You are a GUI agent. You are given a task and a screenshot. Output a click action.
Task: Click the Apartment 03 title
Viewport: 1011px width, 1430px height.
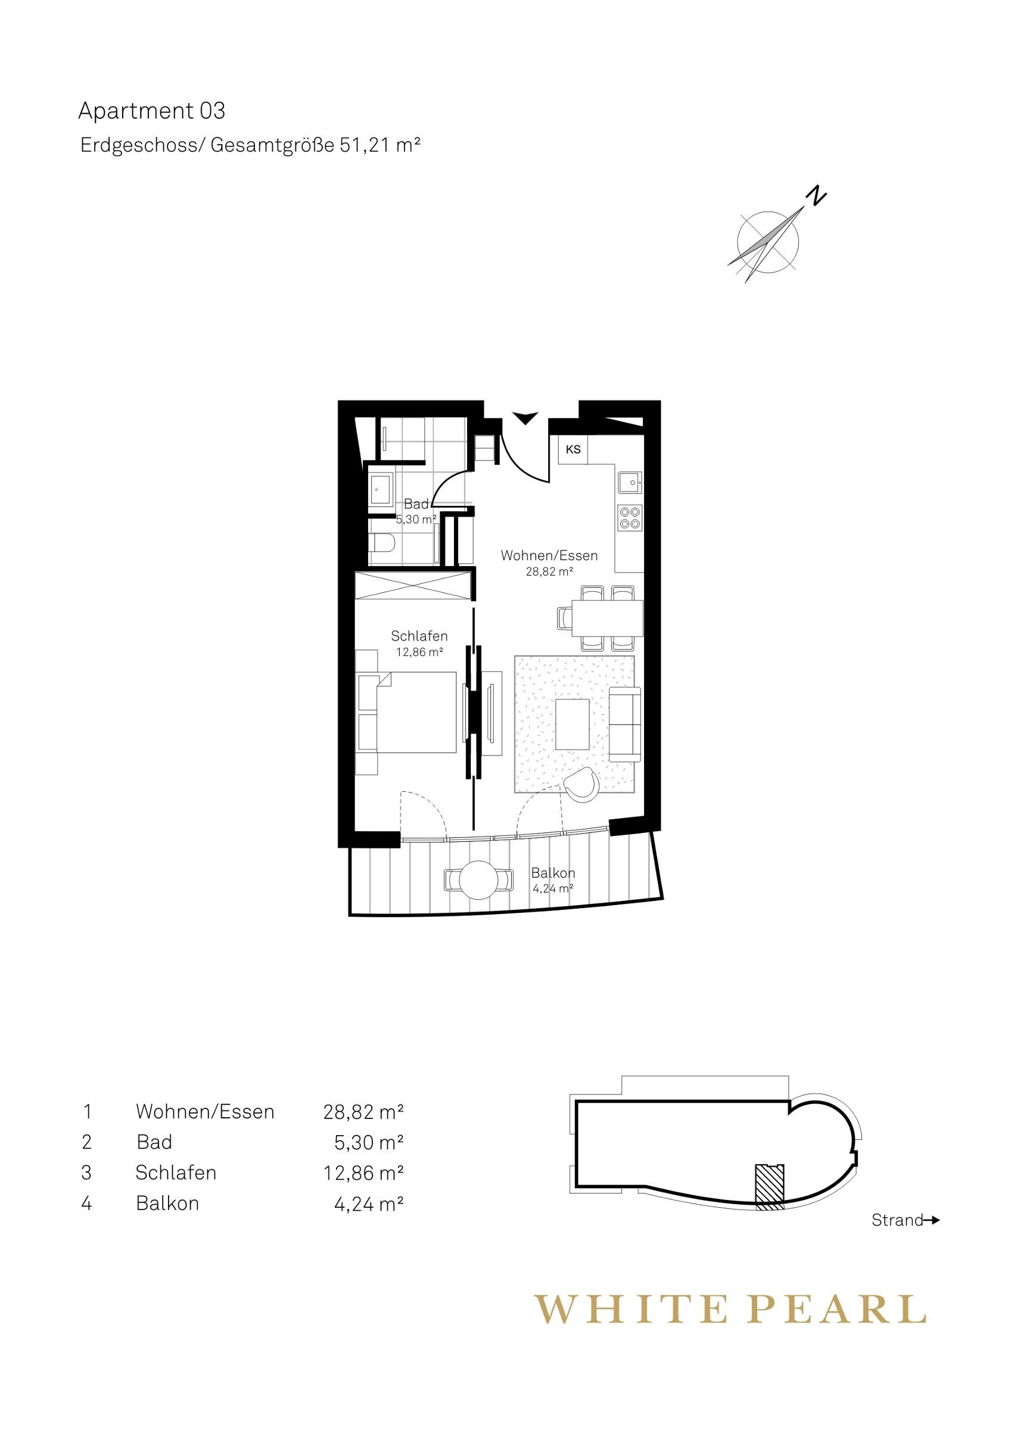[151, 111]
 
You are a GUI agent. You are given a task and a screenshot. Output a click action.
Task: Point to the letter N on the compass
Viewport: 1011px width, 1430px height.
[816, 195]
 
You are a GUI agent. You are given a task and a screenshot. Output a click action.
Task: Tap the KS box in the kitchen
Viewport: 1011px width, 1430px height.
[573, 449]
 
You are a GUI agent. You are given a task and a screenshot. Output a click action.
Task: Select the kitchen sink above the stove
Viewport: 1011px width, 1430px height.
[630, 481]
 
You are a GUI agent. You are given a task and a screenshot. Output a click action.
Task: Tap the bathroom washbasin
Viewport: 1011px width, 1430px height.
[381, 490]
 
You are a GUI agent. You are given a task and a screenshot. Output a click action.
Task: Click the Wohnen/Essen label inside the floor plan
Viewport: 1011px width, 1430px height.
[549, 555]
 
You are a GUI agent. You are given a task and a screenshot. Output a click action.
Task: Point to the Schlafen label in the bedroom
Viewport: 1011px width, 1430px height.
[419, 636]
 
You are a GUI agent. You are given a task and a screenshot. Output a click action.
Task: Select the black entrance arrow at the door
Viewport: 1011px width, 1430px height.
[525, 418]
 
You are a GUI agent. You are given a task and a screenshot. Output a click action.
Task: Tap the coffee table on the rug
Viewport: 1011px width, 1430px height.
[573, 724]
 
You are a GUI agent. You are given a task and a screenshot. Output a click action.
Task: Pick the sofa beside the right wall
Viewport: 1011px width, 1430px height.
[625, 724]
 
